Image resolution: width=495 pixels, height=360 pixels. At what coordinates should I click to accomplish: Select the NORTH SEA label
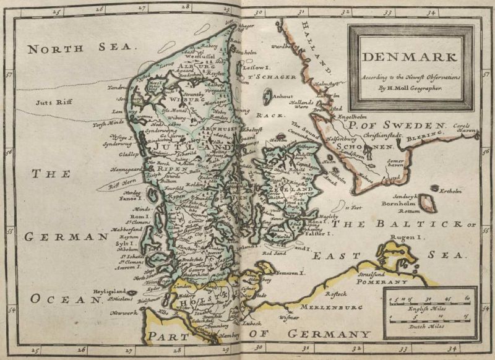pos(80,48)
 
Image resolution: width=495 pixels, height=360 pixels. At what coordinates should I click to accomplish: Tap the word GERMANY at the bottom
pos(327,335)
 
